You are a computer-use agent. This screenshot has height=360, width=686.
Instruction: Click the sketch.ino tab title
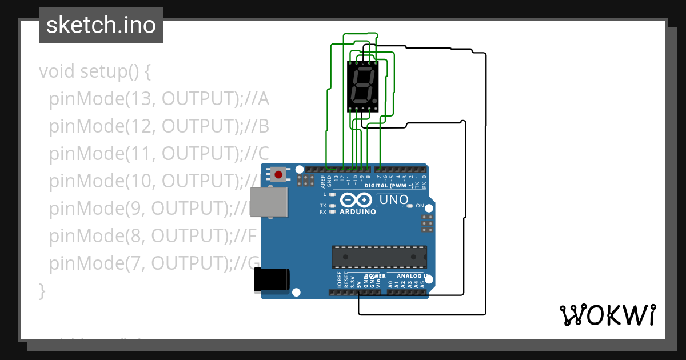(x=101, y=25)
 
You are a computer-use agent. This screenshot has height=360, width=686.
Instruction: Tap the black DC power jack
(x=272, y=279)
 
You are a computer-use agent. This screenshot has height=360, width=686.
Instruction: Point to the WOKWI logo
(x=607, y=315)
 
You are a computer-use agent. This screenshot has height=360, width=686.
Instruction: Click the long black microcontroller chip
(x=379, y=257)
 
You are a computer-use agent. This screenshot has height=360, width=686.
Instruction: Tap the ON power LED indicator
(x=410, y=206)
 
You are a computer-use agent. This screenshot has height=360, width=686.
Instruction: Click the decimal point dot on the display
(x=376, y=101)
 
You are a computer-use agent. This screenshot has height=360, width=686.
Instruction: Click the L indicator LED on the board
(x=332, y=194)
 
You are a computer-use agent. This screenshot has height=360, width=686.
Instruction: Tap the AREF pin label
(x=322, y=182)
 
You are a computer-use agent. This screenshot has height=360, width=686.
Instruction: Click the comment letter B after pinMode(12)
(x=263, y=126)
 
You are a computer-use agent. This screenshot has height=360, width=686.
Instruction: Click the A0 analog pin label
(x=390, y=283)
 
